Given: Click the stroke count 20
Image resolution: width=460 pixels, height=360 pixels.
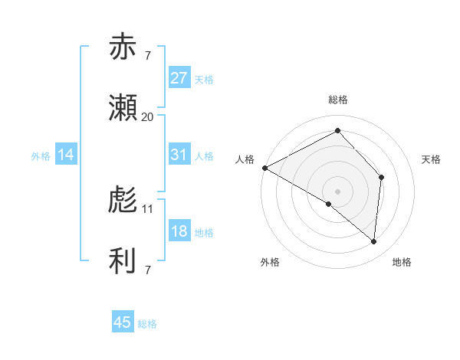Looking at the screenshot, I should pos(148,116).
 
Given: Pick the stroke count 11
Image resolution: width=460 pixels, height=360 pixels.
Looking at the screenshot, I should pos(148,208).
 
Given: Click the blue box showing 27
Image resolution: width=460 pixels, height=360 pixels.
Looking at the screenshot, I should pos(179,78).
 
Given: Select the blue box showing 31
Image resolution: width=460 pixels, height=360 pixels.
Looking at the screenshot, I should pos(179,155).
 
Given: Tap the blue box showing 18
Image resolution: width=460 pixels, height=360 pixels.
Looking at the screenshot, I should pos(179,231).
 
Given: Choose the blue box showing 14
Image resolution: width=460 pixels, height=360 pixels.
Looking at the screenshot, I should pos(66,155).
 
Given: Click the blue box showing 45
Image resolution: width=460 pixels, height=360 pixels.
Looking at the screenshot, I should pos(123,322).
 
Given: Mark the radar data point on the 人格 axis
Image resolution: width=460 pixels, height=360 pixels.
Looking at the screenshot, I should pos(264,167).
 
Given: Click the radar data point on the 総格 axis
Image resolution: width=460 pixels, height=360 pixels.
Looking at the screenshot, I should pos(337,131).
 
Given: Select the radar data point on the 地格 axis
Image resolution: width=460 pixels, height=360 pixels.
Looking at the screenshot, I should pos(373,241).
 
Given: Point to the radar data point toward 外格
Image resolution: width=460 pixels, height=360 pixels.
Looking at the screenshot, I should pos(329,204).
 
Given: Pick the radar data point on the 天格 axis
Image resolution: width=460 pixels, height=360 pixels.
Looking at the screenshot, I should pos(381,177).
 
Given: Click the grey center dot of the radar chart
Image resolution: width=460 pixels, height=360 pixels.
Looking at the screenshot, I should pos(337,191).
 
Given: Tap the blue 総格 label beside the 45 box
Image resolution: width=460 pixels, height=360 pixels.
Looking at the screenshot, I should pos(147,324).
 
